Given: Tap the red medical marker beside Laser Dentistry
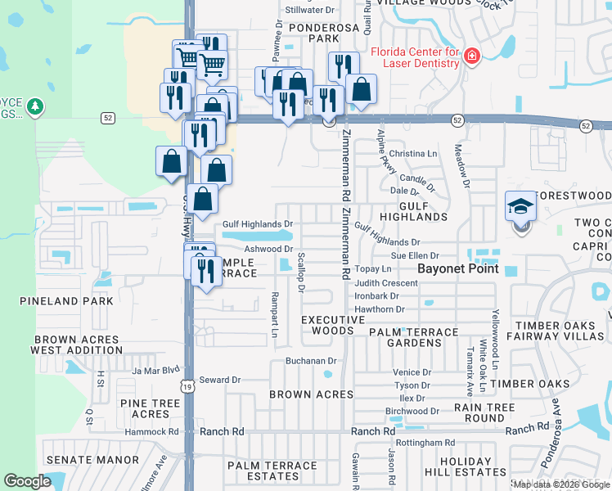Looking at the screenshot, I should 472,56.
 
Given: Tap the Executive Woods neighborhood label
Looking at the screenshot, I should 332,325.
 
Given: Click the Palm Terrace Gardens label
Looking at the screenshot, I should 413,332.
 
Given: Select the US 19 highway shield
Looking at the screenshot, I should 188,385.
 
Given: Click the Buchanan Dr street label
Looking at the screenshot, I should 311,360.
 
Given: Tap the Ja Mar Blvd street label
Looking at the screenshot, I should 155,370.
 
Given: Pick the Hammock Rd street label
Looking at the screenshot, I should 151,431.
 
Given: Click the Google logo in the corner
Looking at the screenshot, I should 28,481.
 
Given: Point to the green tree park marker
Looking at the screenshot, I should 34,106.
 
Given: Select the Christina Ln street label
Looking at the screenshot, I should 413,154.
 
